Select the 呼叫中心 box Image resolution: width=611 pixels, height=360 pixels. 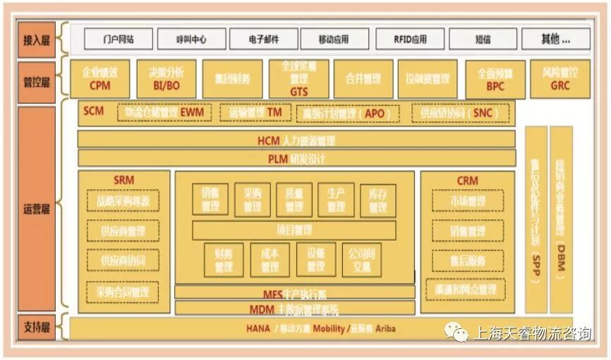191,39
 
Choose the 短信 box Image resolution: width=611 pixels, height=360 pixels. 483,39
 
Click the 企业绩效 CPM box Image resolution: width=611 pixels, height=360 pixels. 99,79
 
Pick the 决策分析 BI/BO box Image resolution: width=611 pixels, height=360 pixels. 166,79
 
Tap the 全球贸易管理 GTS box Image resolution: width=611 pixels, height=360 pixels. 298,79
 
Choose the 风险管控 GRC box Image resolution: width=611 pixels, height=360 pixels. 560,79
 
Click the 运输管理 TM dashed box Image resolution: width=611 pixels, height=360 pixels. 255,112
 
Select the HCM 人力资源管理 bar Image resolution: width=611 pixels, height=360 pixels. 296,140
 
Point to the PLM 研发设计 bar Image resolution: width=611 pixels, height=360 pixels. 296,158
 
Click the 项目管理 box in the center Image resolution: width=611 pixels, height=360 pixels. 294,230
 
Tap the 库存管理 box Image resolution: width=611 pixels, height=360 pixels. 377,200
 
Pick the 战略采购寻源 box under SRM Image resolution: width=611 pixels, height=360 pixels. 123,200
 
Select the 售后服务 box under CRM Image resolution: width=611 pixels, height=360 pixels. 467,260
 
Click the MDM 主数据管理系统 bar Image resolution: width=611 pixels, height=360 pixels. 294,308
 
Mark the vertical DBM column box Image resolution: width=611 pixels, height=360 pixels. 561,219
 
